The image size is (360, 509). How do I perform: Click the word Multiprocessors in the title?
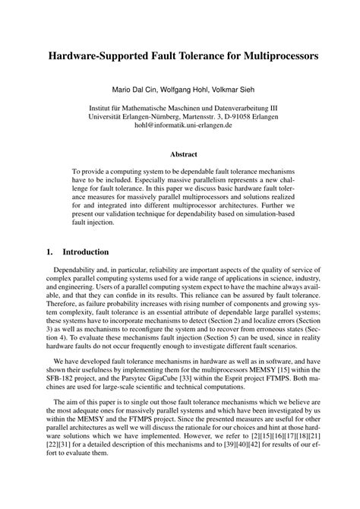[x=266, y=55]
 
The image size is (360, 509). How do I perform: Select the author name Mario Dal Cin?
[x=137, y=89]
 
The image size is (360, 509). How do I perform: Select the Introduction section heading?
[x=85, y=251]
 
